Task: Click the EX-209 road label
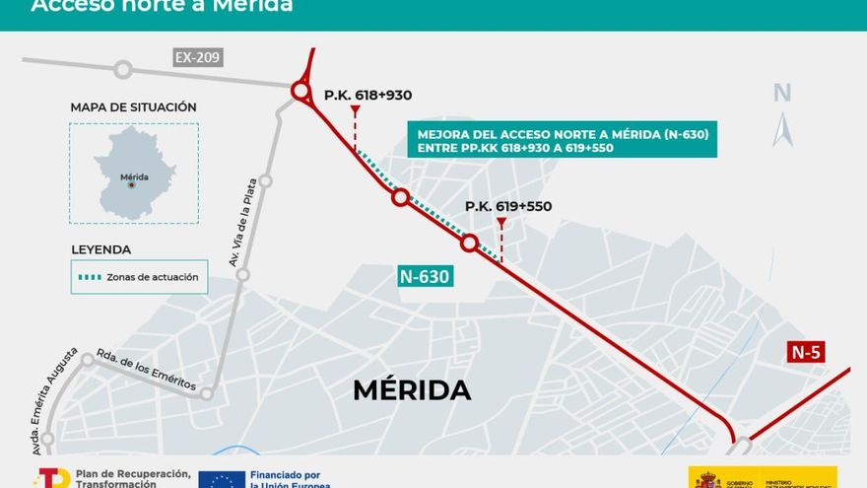(x=197, y=57)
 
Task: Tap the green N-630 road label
(x=426, y=277)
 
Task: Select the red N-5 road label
(x=806, y=352)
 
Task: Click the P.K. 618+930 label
(x=367, y=96)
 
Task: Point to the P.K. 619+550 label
(x=508, y=206)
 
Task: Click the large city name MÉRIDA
(x=412, y=390)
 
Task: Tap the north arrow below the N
(x=782, y=129)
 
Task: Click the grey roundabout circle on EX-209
(x=123, y=69)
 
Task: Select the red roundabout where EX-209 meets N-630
(x=300, y=92)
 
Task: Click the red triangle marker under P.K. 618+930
(x=355, y=111)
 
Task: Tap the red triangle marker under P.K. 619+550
(x=501, y=223)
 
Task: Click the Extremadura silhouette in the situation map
(x=134, y=172)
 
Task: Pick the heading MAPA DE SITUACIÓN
(x=134, y=107)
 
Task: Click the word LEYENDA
(x=100, y=249)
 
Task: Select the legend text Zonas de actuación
(x=153, y=277)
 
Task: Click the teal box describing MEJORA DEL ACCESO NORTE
(x=562, y=140)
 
